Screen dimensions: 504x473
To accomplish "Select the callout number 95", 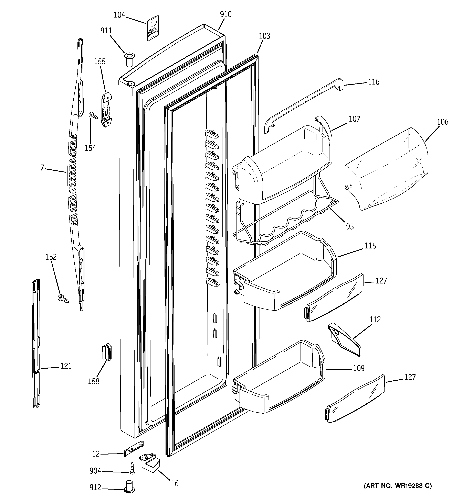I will click(x=350, y=227).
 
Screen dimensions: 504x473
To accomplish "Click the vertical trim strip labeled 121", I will click(x=36, y=343).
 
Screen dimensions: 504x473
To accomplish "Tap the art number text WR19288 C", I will click(x=398, y=486).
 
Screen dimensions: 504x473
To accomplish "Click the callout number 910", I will click(x=226, y=14).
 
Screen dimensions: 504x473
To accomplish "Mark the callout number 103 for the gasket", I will click(x=264, y=36).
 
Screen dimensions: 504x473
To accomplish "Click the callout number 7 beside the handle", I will click(x=42, y=168).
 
